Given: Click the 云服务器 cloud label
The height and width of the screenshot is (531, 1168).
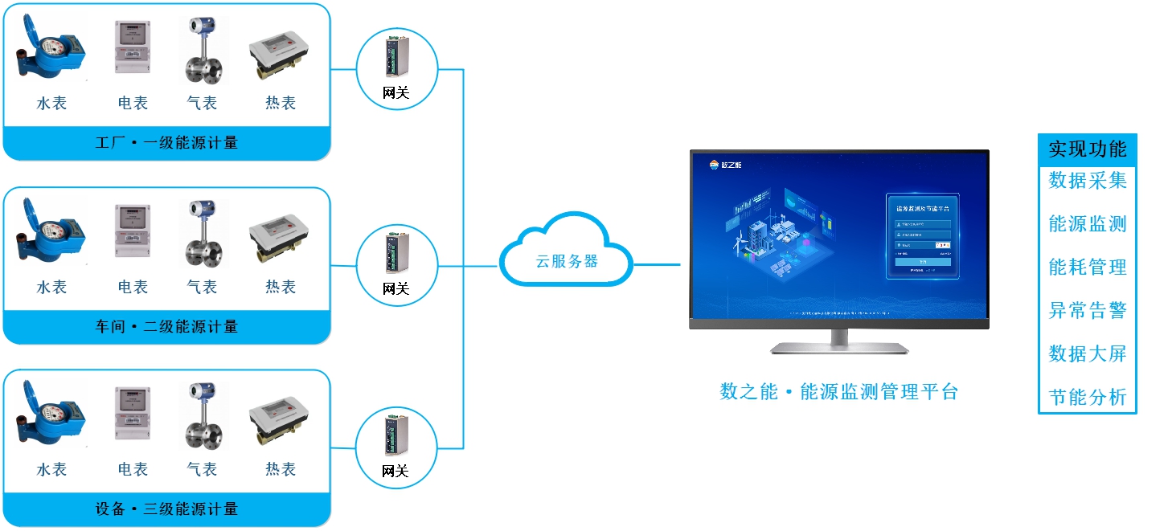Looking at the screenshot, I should pyautogui.click(x=567, y=261).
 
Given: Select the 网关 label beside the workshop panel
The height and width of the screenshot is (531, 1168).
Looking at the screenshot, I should pyautogui.click(x=395, y=288).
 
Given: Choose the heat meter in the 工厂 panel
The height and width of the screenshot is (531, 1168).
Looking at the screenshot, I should pyautogui.click(x=280, y=56).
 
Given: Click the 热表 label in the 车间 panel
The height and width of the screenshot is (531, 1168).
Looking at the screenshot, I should pyautogui.click(x=281, y=287).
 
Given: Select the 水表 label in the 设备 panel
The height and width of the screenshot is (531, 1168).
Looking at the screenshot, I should pyautogui.click(x=51, y=469).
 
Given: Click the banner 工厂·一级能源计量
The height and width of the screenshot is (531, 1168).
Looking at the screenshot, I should pyautogui.click(x=167, y=143).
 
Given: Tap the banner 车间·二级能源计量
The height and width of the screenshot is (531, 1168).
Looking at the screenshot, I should pyautogui.click(x=167, y=327).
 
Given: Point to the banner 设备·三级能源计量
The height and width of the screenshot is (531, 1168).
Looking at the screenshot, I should pyautogui.click(x=167, y=509).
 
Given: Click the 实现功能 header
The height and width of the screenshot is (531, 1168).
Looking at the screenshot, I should pyautogui.click(x=1087, y=149).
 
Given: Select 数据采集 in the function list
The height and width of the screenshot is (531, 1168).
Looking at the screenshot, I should pyautogui.click(x=1087, y=181).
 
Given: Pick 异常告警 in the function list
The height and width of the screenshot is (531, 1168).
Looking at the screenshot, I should pyautogui.click(x=1087, y=310).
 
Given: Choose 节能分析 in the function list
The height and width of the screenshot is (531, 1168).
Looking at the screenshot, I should pyautogui.click(x=1087, y=397).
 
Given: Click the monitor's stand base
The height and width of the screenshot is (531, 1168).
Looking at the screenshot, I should pyautogui.click(x=839, y=349).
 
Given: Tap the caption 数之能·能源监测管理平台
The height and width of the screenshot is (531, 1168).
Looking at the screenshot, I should pyautogui.click(x=838, y=392).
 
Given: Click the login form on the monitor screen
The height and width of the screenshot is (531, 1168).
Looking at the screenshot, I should pyautogui.click(x=923, y=236).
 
